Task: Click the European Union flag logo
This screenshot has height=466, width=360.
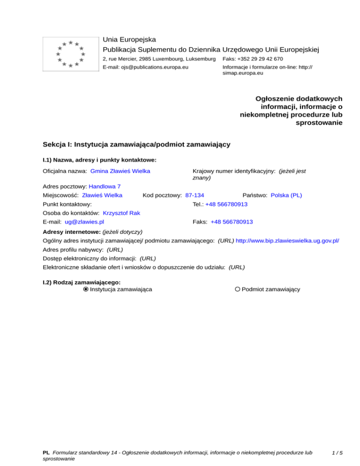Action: (x=70, y=54)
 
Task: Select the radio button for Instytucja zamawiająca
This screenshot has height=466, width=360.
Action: (x=85, y=289)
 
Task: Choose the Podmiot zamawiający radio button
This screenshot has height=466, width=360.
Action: (x=238, y=289)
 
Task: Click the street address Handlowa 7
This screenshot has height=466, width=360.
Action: (x=105, y=186)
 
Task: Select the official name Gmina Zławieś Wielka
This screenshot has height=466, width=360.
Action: (x=120, y=171)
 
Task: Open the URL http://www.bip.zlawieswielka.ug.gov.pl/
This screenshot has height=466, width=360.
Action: (x=287, y=240)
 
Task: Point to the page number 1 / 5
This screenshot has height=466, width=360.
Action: (x=336, y=453)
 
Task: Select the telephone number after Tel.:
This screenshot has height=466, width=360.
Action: (x=226, y=204)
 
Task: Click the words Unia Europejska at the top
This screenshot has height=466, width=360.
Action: (x=129, y=39)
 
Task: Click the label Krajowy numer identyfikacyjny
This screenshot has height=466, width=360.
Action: (x=234, y=171)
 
